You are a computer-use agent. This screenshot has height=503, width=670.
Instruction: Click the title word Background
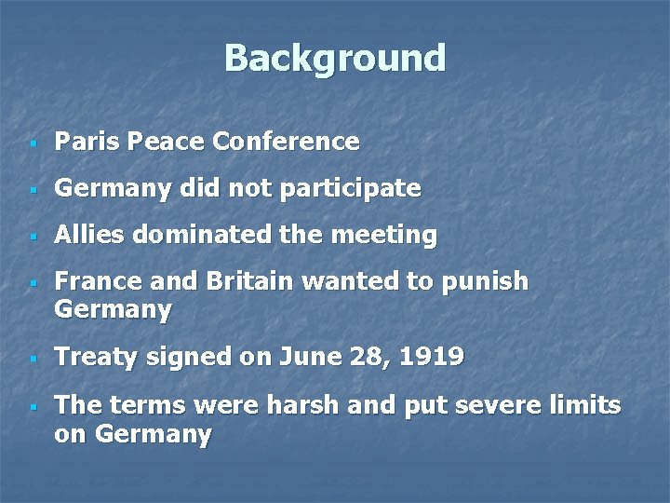(x=335, y=58)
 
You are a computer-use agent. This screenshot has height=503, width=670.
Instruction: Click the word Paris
(x=87, y=142)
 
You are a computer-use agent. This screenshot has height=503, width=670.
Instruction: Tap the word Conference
(x=286, y=142)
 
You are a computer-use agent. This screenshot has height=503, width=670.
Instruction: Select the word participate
(x=357, y=189)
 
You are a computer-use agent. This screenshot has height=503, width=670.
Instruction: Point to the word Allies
(x=89, y=236)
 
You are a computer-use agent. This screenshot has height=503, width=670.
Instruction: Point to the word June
(x=291, y=357)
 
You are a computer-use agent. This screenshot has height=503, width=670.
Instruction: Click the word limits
(x=586, y=405)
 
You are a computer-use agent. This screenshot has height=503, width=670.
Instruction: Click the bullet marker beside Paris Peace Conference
(x=33, y=143)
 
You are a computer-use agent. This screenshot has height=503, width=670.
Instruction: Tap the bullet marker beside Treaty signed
(x=33, y=359)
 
